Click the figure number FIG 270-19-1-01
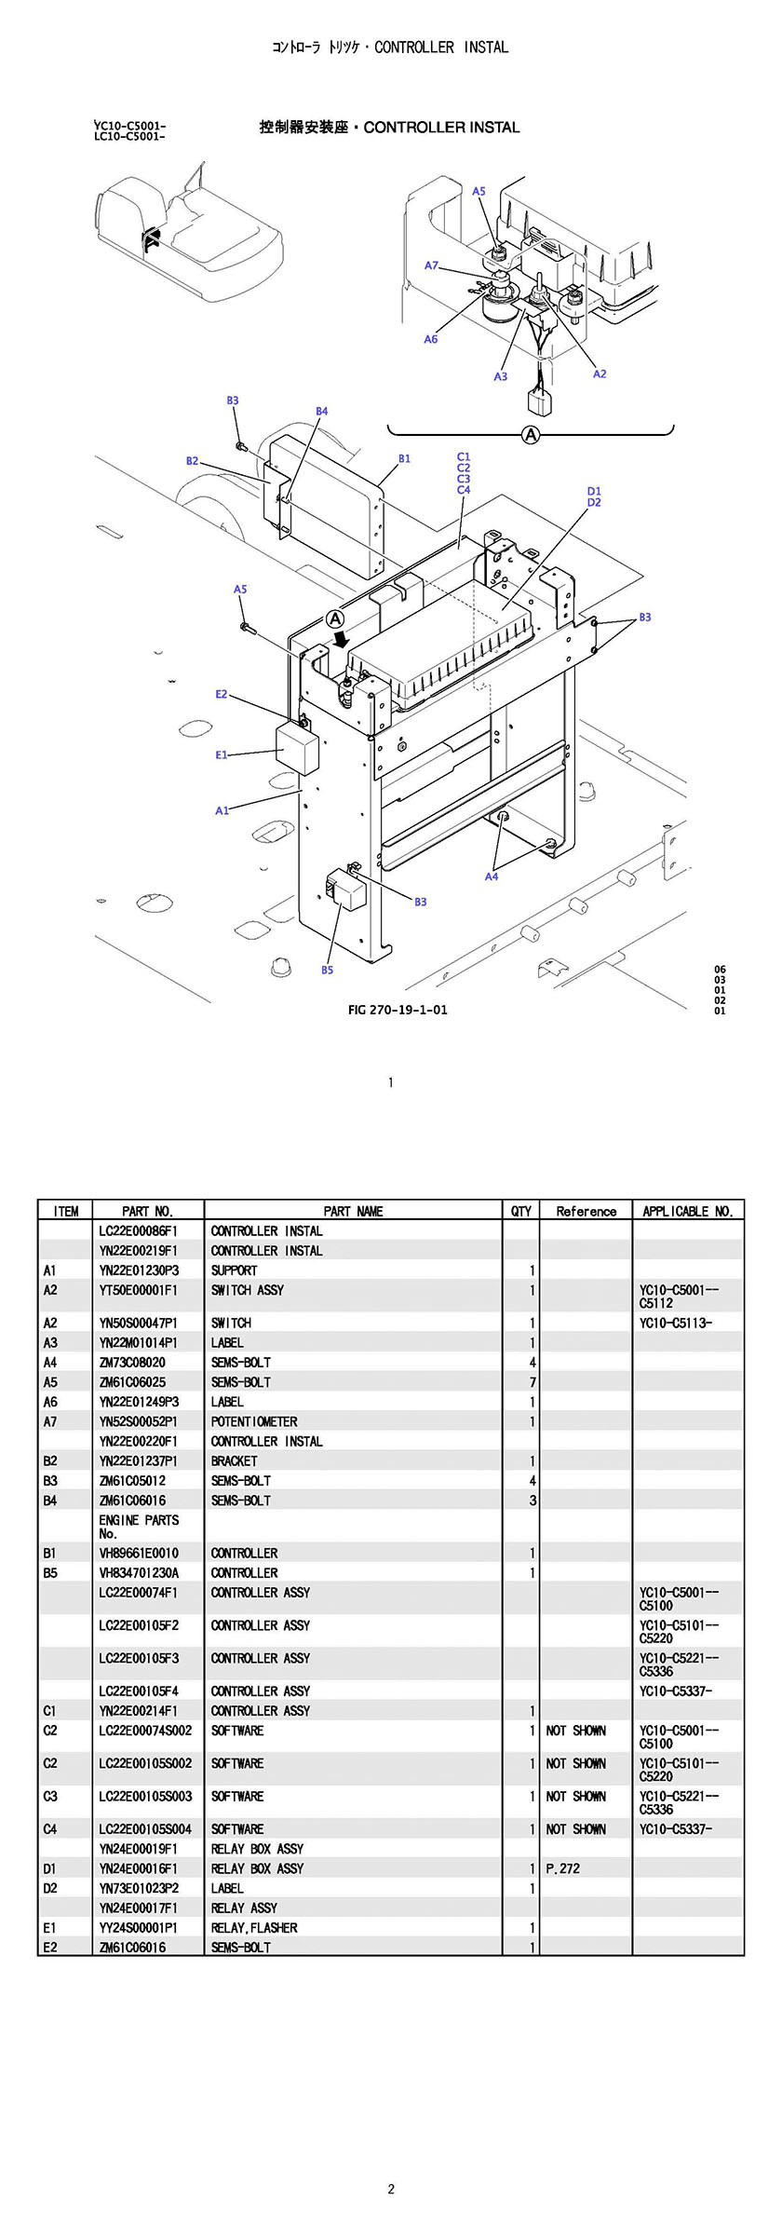(x=398, y=1010)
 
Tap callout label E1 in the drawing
(x=222, y=754)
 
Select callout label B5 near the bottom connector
(x=327, y=970)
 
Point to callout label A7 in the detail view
(x=431, y=265)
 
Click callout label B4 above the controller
(x=321, y=411)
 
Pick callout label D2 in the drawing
(x=594, y=503)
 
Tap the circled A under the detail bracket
(x=531, y=434)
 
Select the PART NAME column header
(x=353, y=1211)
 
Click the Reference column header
(x=586, y=1211)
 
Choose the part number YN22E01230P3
(x=139, y=1270)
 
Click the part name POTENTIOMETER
(x=254, y=1421)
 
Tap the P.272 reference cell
(x=562, y=1868)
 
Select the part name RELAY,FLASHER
(x=254, y=1927)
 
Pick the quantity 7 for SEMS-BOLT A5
(x=533, y=1382)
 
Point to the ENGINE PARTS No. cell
(x=139, y=1527)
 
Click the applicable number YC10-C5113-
(x=675, y=1323)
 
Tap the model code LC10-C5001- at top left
(x=129, y=137)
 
